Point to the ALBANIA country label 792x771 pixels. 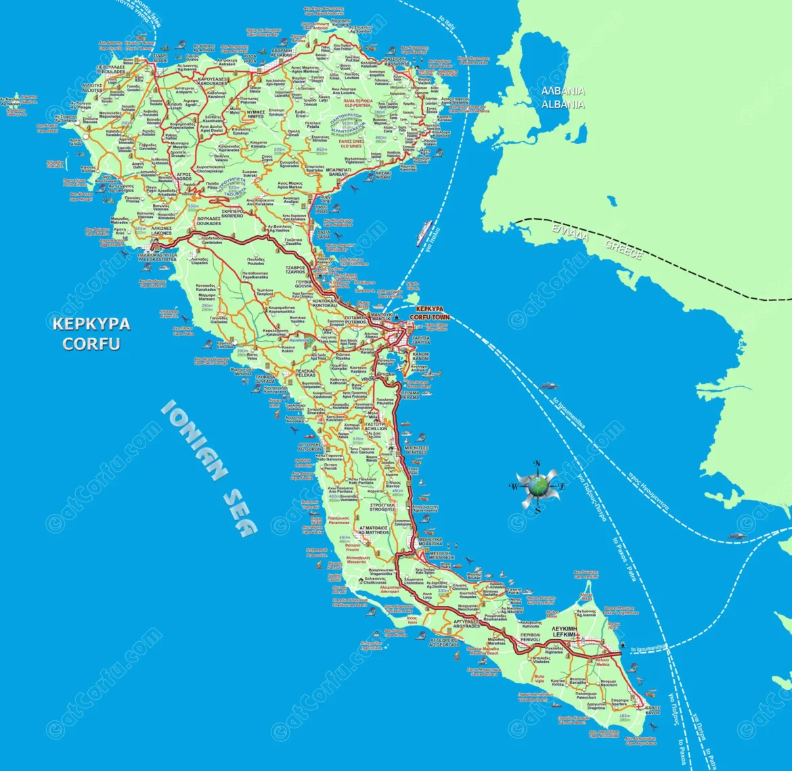[563, 98]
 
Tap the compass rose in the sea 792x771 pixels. [537, 485]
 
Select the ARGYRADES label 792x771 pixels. [467, 624]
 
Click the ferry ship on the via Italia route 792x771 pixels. [424, 233]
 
